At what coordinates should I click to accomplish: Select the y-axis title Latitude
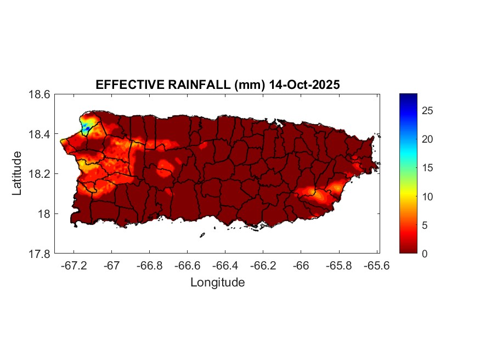(x=18, y=173)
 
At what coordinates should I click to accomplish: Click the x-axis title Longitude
(x=217, y=283)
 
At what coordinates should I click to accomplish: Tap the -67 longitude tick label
(x=112, y=265)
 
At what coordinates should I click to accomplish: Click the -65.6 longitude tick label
(x=376, y=265)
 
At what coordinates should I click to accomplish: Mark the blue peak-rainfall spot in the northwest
(x=86, y=128)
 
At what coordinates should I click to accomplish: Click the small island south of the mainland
(x=202, y=235)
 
